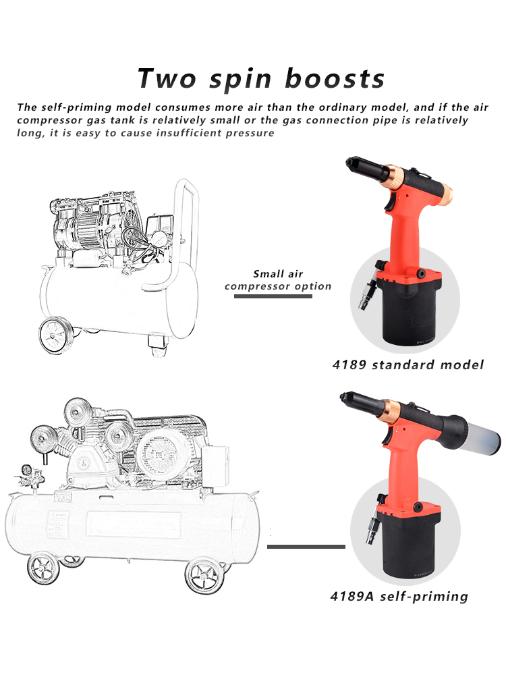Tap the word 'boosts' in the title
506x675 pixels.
point(335,78)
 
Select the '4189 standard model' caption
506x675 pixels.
point(408,364)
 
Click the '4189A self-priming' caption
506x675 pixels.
point(399,596)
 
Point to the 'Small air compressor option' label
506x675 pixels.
point(278,280)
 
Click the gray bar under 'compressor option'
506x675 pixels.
point(273,296)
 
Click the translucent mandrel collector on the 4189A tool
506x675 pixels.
point(480,432)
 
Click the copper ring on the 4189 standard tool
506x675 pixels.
point(398,175)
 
